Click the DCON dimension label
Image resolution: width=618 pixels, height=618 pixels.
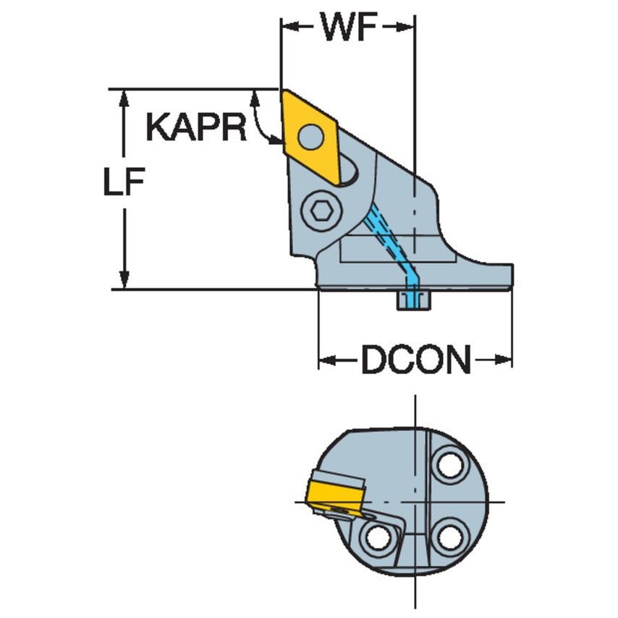click(x=415, y=360)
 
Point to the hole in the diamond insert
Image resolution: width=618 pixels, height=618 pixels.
click(x=311, y=135)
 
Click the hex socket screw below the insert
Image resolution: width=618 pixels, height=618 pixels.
click(x=321, y=211)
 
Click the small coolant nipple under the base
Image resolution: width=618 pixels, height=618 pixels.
click(x=413, y=300)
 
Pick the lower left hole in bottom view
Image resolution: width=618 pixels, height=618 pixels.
click(x=377, y=538)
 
